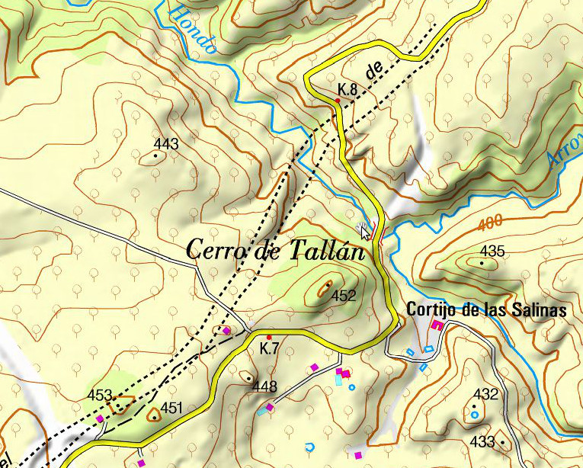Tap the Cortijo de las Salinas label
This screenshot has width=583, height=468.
tap(486, 310)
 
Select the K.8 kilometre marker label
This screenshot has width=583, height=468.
tap(348, 90)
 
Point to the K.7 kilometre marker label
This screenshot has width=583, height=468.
tap(268, 349)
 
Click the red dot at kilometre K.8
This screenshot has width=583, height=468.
tap(338, 100)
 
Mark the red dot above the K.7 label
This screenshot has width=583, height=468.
tap(269, 336)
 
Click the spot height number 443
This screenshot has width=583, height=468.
tap(165, 144)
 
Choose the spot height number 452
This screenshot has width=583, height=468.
tap(344, 296)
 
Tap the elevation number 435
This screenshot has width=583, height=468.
tap(492, 251)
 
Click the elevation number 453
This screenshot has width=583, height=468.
tap(100, 396)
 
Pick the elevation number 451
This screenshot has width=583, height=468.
tap(172, 408)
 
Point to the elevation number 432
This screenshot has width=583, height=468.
tap(485, 394)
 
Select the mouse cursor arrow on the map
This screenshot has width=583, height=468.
tap(365, 232)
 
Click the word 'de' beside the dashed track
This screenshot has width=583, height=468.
tap(373, 71)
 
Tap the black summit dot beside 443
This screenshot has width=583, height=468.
tap(156, 155)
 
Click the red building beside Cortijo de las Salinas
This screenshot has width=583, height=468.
tap(437, 325)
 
